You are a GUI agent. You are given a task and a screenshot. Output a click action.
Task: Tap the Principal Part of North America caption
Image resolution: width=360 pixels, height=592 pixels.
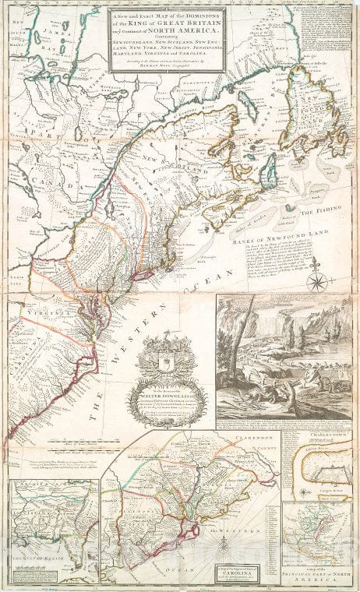[x=320, y=575]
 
